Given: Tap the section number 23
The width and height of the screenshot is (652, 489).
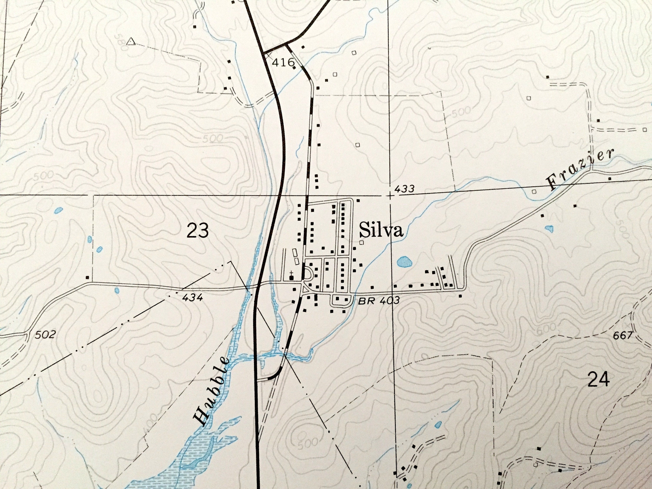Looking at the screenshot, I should pyautogui.click(x=198, y=231).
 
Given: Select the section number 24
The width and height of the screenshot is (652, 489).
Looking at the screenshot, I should pyautogui.click(x=598, y=379).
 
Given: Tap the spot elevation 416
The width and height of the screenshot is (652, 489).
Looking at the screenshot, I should pyautogui.click(x=283, y=62).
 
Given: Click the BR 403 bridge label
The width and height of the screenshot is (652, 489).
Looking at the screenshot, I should pyautogui.click(x=379, y=301).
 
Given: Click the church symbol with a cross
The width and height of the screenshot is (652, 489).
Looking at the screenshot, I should pyautogui.click(x=291, y=276).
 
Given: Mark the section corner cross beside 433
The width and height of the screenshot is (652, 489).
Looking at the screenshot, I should pyautogui.click(x=390, y=196).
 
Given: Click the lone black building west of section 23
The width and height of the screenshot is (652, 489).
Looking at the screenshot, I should pyautogui.click(x=87, y=277).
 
